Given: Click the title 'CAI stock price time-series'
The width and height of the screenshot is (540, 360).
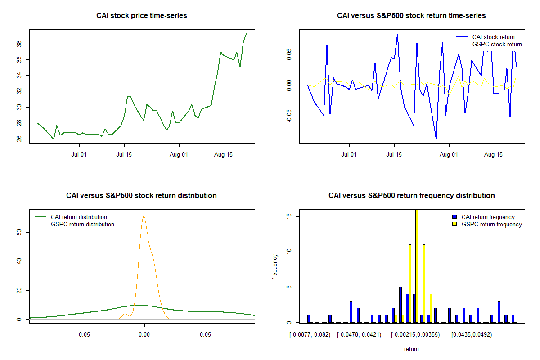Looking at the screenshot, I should [142, 16].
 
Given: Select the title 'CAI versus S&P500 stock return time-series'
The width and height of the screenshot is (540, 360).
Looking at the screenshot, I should [411, 16].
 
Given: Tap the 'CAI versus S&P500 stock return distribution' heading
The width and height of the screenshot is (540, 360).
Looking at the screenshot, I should [142, 196].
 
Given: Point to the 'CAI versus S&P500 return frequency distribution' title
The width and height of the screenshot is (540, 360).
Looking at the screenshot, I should [411, 196].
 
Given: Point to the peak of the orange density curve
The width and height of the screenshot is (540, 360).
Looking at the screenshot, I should [144, 217].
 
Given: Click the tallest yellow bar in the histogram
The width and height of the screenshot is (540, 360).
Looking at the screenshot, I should [417, 265].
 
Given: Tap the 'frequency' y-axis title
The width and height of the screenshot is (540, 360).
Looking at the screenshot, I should [275, 266].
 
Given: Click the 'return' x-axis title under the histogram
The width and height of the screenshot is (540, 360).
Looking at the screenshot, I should [411, 349].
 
